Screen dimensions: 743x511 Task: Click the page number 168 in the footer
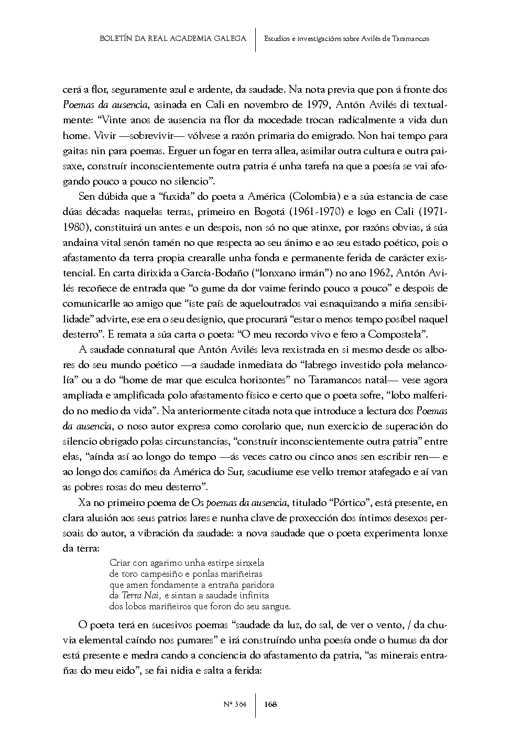click(x=270, y=704)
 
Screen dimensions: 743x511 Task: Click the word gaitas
click(x=75, y=150)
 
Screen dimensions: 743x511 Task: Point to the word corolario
click(x=257, y=426)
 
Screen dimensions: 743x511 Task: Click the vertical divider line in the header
click(x=255, y=39)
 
